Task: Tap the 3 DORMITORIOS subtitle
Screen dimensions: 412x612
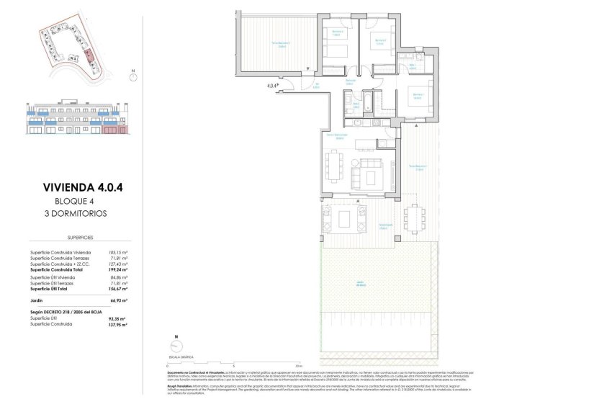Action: click(x=79, y=214)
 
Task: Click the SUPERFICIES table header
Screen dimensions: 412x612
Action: click(x=79, y=236)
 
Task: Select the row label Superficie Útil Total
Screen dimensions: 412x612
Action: click(x=56, y=288)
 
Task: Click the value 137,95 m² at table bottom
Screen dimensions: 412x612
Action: click(x=116, y=324)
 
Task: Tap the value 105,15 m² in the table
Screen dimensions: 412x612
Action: click(x=117, y=252)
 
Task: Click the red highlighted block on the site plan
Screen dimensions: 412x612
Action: click(x=88, y=54)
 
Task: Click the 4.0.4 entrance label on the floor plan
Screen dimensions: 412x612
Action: click(x=272, y=86)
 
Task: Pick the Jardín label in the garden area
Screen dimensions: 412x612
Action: click(x=369, y=283)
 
